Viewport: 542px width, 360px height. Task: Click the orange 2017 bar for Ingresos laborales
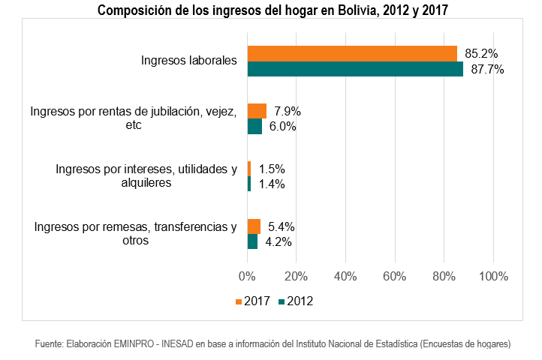(352, 53)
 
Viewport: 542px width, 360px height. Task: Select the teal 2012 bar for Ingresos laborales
(355, 69)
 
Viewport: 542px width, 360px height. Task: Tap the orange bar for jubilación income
(257, 111)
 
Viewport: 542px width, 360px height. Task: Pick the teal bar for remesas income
(252, 241)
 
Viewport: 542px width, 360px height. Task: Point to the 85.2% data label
(481, 54)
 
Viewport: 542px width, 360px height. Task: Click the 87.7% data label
(486, 70)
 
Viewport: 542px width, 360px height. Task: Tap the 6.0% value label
(282, 127)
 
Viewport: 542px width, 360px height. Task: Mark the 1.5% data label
(272, 169)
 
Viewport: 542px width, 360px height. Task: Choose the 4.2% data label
(278, 242)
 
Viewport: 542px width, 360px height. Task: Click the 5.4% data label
(281, 226)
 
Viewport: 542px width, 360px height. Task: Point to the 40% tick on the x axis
(345, 276)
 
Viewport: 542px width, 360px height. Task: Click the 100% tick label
(493, 276)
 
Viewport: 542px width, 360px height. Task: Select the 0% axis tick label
(247, 276)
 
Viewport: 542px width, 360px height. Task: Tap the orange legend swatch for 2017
(239, 301)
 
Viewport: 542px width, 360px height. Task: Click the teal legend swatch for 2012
(282, 301)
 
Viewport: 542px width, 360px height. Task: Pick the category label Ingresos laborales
(189, 61)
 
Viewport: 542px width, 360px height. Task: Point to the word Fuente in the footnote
(49, 343)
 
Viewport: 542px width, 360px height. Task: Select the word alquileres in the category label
(145, 182)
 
